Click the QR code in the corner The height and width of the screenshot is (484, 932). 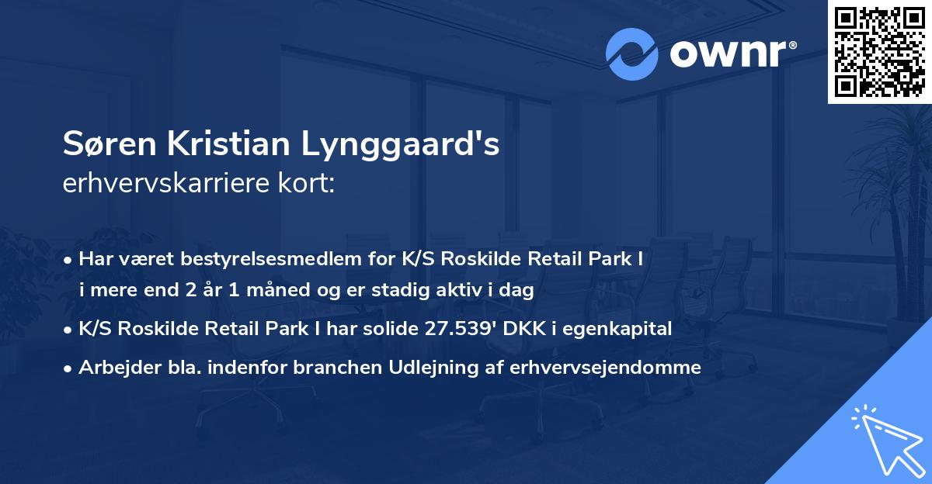(878, 52)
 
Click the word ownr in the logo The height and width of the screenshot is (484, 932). (729, 54)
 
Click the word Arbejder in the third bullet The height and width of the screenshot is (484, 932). (111, 368)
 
